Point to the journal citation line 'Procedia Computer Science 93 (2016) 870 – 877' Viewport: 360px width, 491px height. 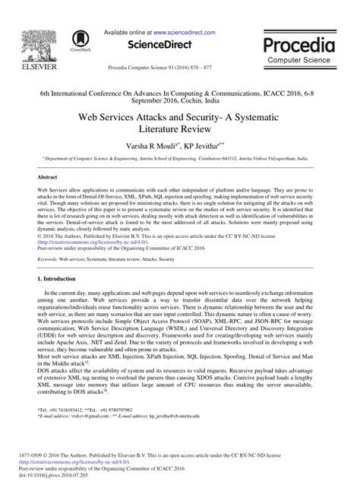coord(180,66)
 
